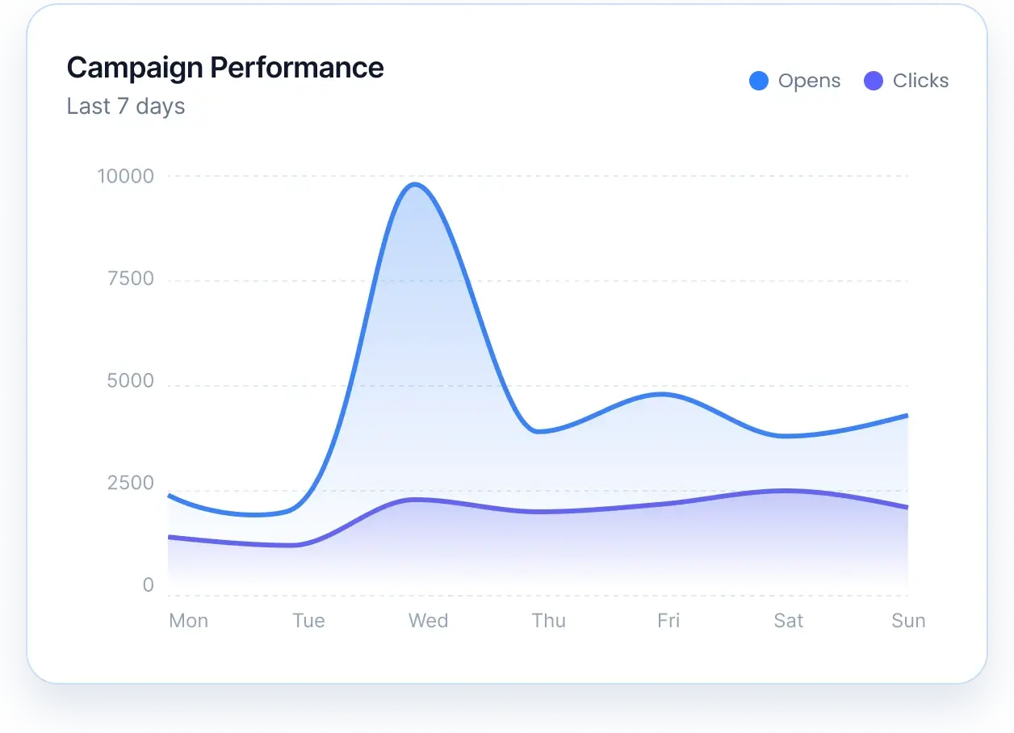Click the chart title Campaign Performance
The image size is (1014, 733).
pyautogui.click(x=225, y=68)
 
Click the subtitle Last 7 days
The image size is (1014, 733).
pyautogui.click(x=126, y=107)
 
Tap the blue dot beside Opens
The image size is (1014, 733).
pyautogui.click(x=759, y=81)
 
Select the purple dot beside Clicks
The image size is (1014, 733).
pyautogui.click(x=874, y=81)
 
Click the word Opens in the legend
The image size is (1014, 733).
pyautogui.click(x=809, y=81)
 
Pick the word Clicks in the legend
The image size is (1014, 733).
pyautogui.click(x=920, y=81)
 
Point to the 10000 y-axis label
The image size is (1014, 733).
pyautogui.click(x=125, y=176)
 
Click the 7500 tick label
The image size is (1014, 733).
pyautogui.click(x=130, y=279)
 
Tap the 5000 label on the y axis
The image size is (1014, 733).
pyautogui.click(x=130, y=381)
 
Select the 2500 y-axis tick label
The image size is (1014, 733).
pyautogui.click(x=130, y=484)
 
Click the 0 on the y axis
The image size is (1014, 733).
pyautogui.click(x=148, y=585)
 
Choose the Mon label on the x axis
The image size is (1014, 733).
pyautogui.click(x=189, y=621)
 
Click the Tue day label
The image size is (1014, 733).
pyautogui.click(x=308, y=621)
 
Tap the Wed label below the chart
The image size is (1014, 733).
pyautogui.click(x=428, y=621)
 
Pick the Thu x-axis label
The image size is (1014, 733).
pyautogui.click(x=549, y=621)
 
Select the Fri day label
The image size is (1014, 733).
pyautogui.click(x=668, y=621)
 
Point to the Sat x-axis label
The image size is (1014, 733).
pyautogui.click(x=788, y=621)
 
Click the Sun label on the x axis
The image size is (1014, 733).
pyautogui.click(x=908, y=621)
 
